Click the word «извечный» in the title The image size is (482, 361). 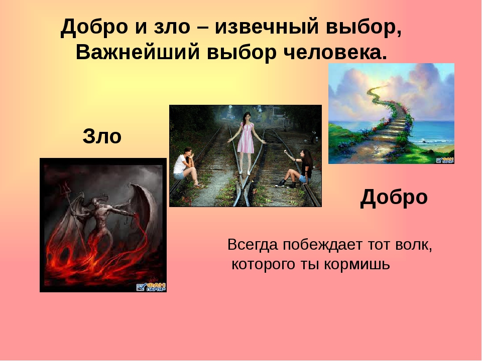pos(267,27)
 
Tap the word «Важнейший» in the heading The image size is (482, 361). pos(138,53)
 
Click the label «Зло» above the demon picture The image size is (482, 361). pos(102,136)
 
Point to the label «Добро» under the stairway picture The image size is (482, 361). pos(394,198)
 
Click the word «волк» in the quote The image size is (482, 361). pos(413,245)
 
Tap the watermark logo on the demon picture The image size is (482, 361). pos(151,287)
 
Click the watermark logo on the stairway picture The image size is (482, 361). pos(444,160)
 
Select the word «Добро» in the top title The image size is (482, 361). pos(94,27)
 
